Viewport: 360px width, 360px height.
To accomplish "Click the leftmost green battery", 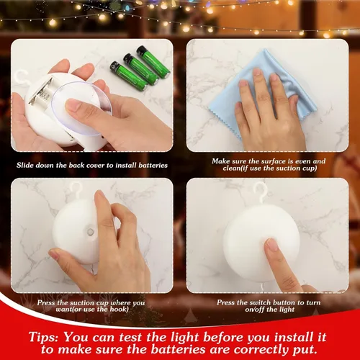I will [127, 76].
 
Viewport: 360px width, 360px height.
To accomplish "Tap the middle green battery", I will [140, 69].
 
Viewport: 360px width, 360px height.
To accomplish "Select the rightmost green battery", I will [153, 62].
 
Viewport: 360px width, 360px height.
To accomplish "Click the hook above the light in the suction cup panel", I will [74, 191].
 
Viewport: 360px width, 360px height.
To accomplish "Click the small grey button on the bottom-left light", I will [90, 232].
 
